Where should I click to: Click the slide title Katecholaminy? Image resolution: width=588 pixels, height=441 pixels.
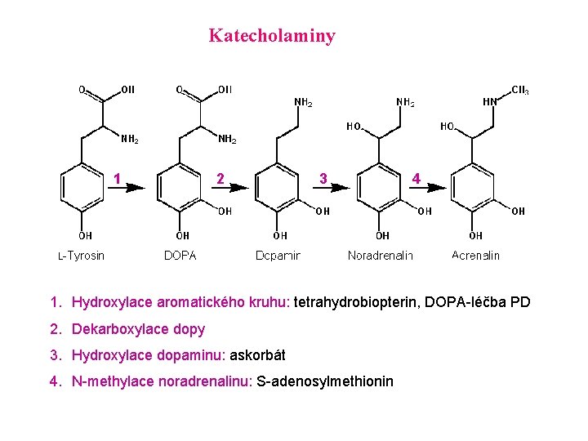[272, 36]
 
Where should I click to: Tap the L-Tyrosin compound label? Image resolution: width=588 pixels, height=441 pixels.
[81, 256]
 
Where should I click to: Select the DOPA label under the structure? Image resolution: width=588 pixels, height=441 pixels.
[180, 256]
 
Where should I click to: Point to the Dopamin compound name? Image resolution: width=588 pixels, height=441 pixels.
[278, 256]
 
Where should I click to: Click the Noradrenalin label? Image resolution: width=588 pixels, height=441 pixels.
[380, 256]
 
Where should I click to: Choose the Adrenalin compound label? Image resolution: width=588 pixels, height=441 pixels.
[475, 256]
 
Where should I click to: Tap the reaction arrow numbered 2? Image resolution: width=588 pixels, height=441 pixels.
[228, 187]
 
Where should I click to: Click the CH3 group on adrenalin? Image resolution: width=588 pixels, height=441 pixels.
[519, 90]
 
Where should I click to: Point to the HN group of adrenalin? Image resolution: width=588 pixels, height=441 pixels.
[490, 102]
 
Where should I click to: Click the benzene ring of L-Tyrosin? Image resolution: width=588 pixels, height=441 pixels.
[82, 187]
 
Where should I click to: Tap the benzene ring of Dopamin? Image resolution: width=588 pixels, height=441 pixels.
[278, 187]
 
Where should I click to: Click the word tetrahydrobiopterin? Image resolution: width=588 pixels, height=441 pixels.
[355, 303]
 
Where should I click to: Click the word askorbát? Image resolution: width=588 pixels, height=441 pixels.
[257, 356]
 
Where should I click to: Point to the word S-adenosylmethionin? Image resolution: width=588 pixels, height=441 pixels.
[325, 382]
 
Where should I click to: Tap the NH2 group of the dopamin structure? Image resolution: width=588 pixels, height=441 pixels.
[303, 103]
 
